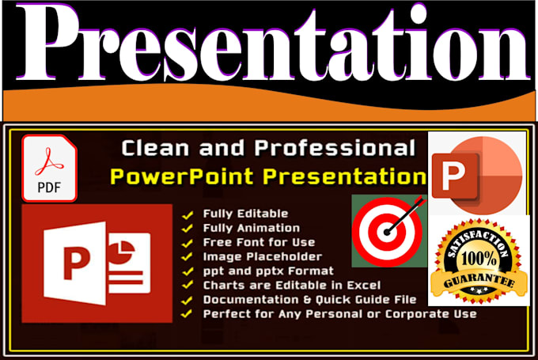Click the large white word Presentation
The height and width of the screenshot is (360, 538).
268,43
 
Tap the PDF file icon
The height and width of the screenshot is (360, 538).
49,168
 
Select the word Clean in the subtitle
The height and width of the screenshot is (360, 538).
153,148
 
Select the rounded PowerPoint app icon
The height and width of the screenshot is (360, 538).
475,172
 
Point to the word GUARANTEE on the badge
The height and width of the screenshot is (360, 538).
477,280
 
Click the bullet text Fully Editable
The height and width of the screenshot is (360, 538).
245,213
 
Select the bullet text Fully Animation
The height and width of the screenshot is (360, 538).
252,227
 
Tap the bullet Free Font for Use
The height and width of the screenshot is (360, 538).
259,242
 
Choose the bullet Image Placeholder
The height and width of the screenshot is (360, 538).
262,256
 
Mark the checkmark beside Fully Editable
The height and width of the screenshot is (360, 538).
188,214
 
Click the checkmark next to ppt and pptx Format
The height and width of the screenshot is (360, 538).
188,271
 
